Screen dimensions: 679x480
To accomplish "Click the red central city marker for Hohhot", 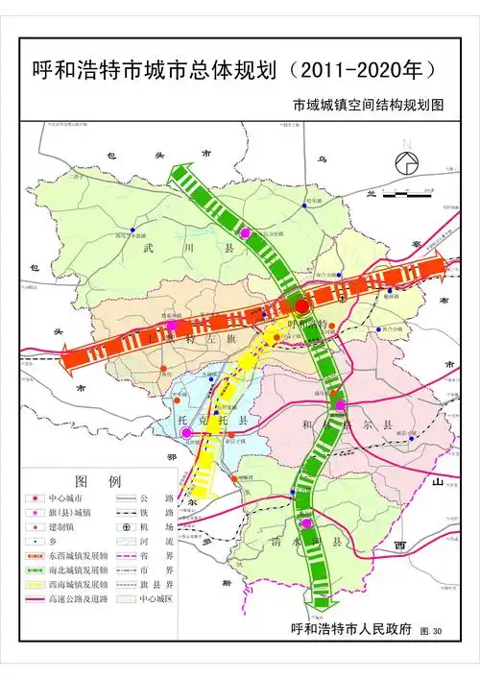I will point(301,305).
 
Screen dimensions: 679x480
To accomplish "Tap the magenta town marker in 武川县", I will point(246,233).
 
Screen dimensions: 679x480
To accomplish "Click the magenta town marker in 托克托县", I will point(186,433).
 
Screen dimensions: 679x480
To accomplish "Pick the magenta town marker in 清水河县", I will point(306,524).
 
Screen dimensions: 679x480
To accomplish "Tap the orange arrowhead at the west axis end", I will point(67,357).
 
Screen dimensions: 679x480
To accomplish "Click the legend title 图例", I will point(96,480).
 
